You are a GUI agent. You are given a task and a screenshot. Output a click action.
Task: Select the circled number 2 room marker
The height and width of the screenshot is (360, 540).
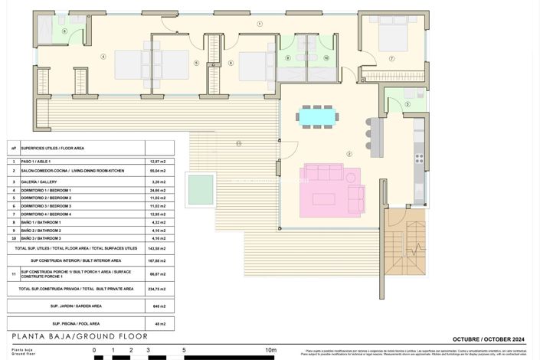(349, 154)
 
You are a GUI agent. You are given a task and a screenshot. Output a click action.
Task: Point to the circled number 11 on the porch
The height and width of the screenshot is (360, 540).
(238, 143)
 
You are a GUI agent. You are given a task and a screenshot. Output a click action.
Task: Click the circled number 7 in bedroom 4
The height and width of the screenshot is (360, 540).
(391, 58)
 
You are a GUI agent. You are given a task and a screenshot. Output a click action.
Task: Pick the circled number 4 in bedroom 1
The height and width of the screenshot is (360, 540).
(103, 56)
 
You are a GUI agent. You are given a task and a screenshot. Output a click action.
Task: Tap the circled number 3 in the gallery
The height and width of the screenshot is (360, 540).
(407, 104)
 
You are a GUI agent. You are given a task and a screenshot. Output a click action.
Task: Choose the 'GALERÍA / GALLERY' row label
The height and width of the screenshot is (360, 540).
(45, 182)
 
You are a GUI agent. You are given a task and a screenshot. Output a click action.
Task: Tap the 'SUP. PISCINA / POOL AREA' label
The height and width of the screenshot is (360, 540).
(76, 323)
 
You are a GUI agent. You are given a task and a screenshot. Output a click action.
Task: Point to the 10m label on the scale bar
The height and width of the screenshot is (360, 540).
(270, 350)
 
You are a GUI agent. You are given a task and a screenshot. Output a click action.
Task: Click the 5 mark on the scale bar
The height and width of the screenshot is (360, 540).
(184, 350)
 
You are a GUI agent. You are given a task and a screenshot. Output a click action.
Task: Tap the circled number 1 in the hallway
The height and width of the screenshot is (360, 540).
(260, 25)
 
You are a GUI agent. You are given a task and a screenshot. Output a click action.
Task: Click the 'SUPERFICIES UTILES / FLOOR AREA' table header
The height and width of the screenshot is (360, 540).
(52, 148)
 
